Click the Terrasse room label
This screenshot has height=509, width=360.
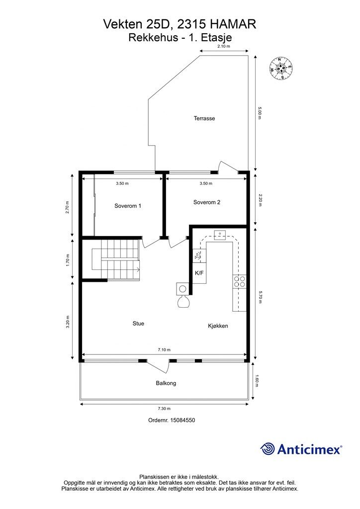click(x=204, y=118)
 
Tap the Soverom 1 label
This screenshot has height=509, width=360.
click(x=128, y=206)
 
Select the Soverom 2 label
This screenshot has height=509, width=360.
click(x=207, y=202)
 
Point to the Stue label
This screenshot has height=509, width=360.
click(x=138, y=323)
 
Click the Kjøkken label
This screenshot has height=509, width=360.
click(x=218, y=326)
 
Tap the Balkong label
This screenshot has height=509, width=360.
click(x=166, y=383)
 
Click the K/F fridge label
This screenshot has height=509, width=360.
click(x=199, y=273)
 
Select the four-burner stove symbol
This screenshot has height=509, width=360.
click(x=239, y=281)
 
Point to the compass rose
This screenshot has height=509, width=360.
click(x=280, y=68)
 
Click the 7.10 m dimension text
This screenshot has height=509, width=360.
click(x=164, y=349)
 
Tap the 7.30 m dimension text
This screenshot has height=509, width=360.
click(x=164, y=409)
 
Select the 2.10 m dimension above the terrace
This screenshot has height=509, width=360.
click(x=224, y=46)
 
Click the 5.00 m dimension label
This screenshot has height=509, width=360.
click(x=259, y=113)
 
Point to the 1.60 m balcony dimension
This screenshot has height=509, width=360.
click(x=257, y=381)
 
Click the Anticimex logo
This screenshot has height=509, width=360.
click(x=301, y=449)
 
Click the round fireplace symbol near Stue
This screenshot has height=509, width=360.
click(x=183, y=288)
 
